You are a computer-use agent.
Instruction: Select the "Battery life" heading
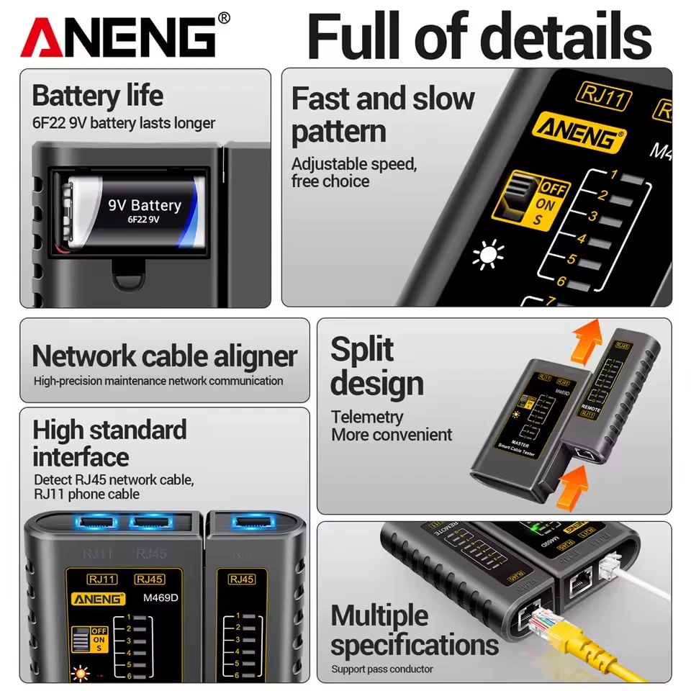(97, 96)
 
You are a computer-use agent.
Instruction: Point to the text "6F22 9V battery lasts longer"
(123, 123)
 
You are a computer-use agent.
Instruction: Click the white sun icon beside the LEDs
(489, 256)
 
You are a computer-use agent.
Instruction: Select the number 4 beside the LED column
(582, 239)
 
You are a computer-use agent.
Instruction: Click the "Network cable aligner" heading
(165, 356)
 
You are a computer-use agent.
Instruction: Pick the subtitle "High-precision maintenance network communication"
(158, 381)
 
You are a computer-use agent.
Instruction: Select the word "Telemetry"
(367, 417)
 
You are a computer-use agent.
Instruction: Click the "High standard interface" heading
(109, 443)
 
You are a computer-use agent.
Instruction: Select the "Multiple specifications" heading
(414, 631)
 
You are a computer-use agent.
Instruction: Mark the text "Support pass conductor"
(382, 669)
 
